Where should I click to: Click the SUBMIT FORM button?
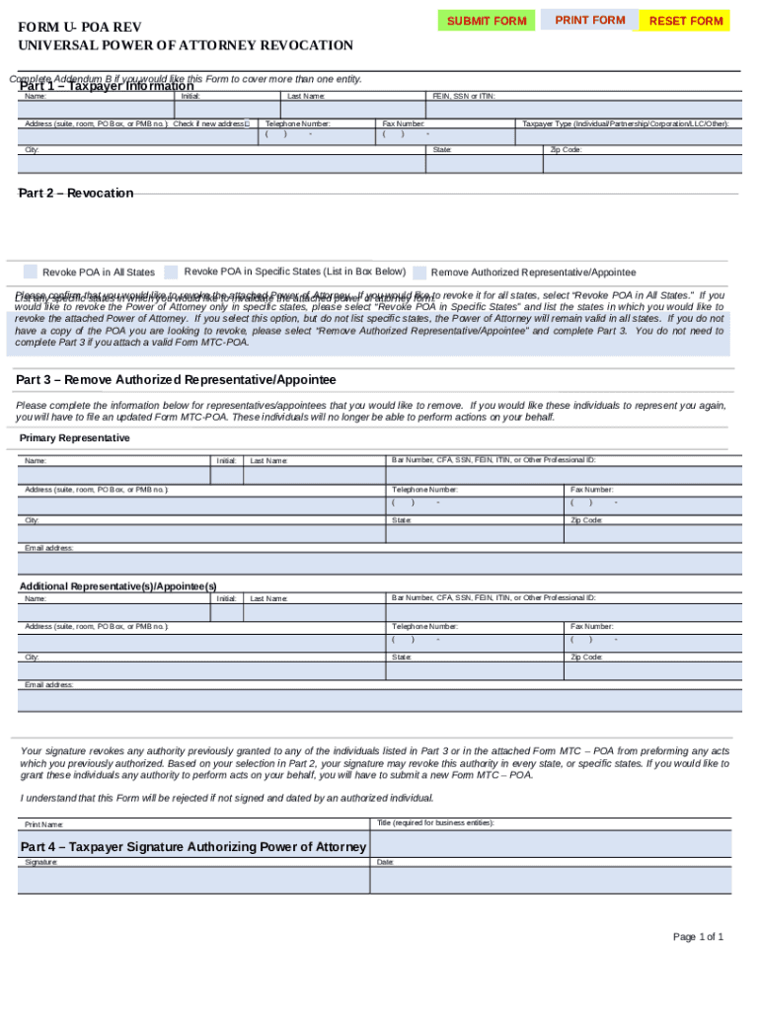(x=487, y=21)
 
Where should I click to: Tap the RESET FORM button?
(x=686, y=21)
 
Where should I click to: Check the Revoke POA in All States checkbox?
(x=31, y=272)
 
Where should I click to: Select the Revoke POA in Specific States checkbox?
(x=172, y=272)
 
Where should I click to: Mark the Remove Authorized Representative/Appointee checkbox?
(x=420, y=272)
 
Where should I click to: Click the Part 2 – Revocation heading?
(x=76, y=193)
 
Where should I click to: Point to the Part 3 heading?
(x=176, y=380)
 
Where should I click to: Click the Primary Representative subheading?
(x=74, y=437)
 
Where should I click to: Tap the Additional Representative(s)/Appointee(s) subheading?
(x=117, y=585)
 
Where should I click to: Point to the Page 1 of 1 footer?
(x=698, y=937)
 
